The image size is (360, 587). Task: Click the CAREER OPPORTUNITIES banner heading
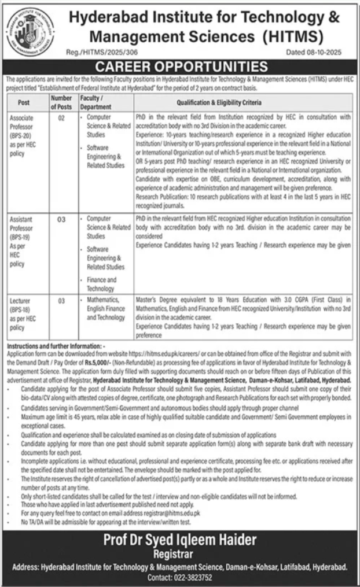pyautogui.click(x=180, y=65)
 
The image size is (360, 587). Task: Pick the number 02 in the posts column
pyautogui.click(x=60, y=117)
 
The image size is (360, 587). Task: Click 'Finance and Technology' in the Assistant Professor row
pyautogui.click(x=101, y=284)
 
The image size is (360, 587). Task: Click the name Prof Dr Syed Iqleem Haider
pyautogui.click(x=180, y=541)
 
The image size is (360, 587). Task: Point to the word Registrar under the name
pyautogui.click(x=180, y=554)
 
